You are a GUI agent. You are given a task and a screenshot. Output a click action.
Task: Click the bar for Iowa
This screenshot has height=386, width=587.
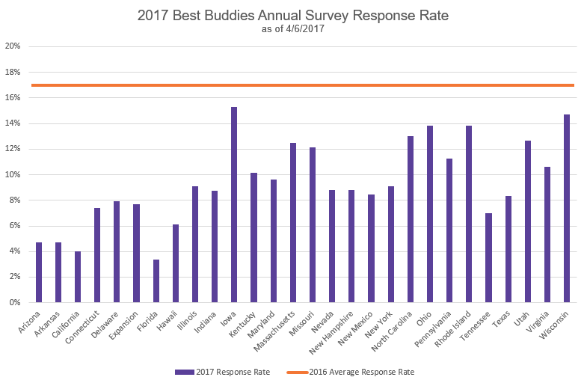click(234, 205)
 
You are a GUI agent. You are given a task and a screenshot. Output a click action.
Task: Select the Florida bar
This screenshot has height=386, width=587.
click(156, 281)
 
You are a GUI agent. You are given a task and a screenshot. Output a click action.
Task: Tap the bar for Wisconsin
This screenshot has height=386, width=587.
click(567, 209)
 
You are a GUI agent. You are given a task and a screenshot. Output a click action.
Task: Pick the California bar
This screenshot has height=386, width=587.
click(78, 277)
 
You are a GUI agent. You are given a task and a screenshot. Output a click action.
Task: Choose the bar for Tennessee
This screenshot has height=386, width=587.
click(488, 258)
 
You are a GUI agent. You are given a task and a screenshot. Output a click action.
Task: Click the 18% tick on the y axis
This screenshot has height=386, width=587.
click(13, 72)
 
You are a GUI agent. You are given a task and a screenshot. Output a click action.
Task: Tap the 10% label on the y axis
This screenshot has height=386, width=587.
click(13, 174)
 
